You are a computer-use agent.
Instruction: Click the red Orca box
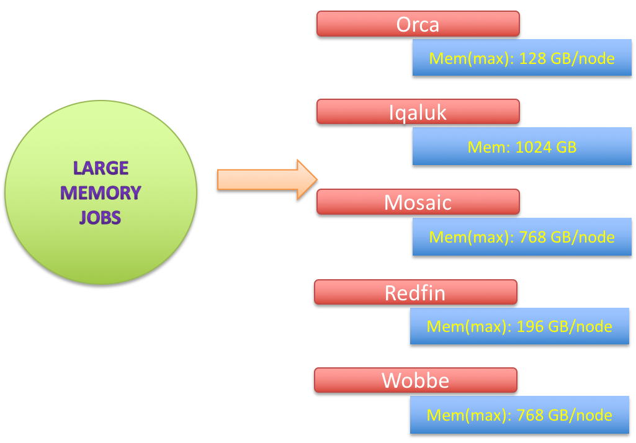418,24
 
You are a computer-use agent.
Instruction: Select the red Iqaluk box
418,112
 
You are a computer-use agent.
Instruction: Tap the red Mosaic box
418,202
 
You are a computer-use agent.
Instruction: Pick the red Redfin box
415,292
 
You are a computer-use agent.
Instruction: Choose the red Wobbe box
415,380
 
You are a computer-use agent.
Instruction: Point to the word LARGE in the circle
101,168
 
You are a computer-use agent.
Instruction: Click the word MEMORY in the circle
101,193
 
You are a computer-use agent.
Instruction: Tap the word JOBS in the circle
101,218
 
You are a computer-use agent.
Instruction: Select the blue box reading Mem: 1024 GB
522,146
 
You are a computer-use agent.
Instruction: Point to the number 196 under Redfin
531,326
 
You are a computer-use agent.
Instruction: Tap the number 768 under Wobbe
531,415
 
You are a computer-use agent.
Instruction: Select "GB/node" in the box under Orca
583,59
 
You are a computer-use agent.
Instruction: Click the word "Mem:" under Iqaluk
489,147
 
